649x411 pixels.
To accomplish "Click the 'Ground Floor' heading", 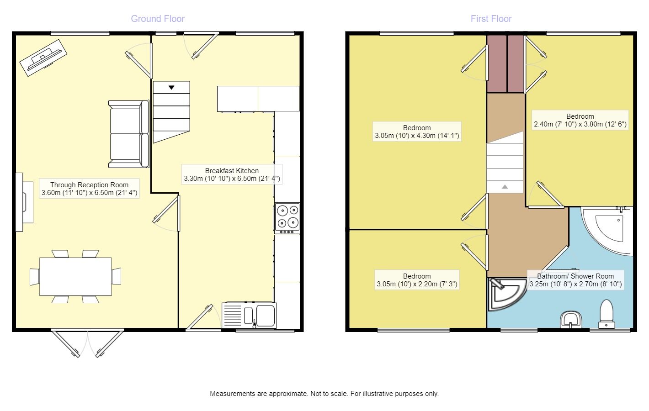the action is pos(158,19).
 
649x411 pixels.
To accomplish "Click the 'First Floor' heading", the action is pos(491,19).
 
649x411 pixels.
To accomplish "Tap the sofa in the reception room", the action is pos(129,134).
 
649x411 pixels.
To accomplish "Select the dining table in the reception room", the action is pos(75,276).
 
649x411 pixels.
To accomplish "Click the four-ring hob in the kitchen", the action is pos(287,218).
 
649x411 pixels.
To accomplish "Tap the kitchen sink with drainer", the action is pos(249,316).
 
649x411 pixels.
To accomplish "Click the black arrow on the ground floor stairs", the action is pos(171,87).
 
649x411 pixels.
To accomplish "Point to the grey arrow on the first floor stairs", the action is pos(505,187).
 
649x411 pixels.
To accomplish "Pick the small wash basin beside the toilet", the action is pos(571,320).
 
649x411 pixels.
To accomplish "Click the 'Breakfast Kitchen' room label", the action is pos(232,171).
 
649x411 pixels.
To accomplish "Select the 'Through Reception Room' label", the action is pos(89,185).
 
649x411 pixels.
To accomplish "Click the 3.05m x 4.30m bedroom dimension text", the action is pos(417,136).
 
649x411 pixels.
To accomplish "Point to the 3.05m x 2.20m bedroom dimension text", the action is pos(417,284).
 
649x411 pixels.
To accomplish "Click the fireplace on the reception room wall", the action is pos(24,202).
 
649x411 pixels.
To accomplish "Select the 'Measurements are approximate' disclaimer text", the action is pos(324,394).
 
